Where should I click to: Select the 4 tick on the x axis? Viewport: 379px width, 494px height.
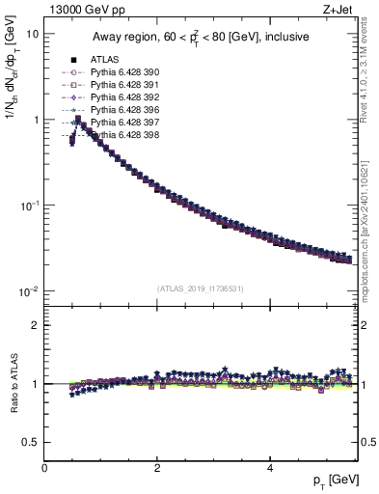[269, 468]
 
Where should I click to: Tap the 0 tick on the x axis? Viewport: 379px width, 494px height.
[44, 468]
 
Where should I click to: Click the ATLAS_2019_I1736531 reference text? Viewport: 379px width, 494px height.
[202, 288]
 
